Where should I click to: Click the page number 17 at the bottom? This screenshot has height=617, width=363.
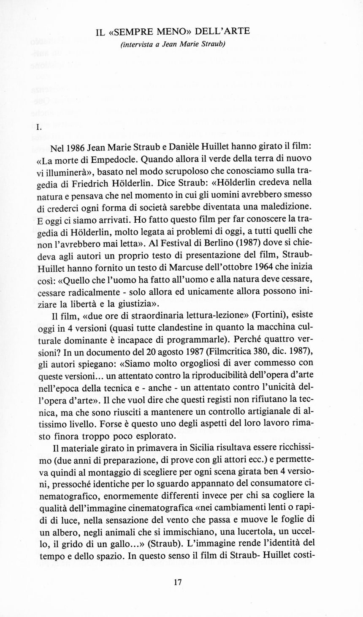point(178,583)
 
